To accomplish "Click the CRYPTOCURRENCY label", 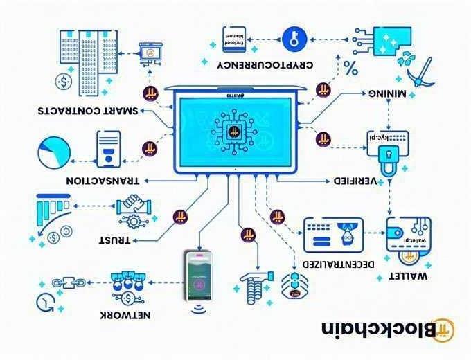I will click(x=275, y=65).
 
